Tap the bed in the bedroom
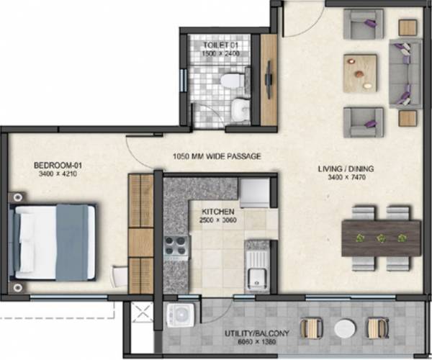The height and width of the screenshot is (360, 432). coord(55,240)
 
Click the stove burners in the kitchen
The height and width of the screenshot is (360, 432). coord(176,248)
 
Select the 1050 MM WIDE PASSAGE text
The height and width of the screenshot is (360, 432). coord(216,156)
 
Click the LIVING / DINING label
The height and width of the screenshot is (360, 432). coord(346,169)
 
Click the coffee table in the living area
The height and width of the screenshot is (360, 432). coord(360,71)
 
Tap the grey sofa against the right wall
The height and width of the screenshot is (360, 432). coord(405,73)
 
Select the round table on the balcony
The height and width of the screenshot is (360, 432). coord(345,328)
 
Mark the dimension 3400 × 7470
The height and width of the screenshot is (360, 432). coord(346,179)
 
